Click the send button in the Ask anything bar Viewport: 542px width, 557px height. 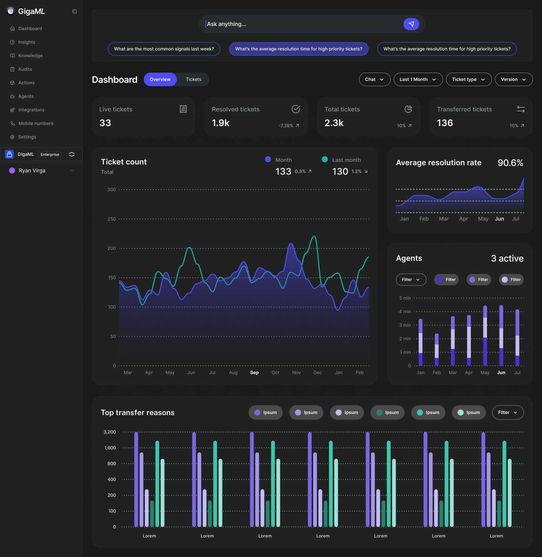(411, 24)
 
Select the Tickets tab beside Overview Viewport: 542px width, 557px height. (193, 79)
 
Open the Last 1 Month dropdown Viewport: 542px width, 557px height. (418, 79)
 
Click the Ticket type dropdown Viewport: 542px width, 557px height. (468, 79)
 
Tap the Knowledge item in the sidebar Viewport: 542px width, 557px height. (30, 56)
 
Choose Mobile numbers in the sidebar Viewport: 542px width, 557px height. (36, 123)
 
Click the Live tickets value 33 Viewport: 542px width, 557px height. (105, 123)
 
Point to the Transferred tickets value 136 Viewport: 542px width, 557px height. (445, 123)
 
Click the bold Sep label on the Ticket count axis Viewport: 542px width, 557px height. (254, 373)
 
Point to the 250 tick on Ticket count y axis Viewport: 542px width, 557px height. (112, 219)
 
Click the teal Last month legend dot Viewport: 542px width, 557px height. (325, 160)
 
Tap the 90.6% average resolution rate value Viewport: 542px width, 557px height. (510, 163)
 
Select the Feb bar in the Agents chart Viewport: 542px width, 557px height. (437, 350)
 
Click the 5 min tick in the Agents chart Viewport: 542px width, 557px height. (405, 298)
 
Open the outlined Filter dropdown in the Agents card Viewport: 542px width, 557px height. (411, 280)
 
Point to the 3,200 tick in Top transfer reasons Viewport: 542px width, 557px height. (110, 432)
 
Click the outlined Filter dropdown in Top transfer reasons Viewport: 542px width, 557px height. (507, 412)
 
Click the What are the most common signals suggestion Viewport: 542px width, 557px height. (164, 49)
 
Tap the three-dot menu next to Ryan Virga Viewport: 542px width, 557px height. (72, 170)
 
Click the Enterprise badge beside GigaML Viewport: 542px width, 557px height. (50, 155)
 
